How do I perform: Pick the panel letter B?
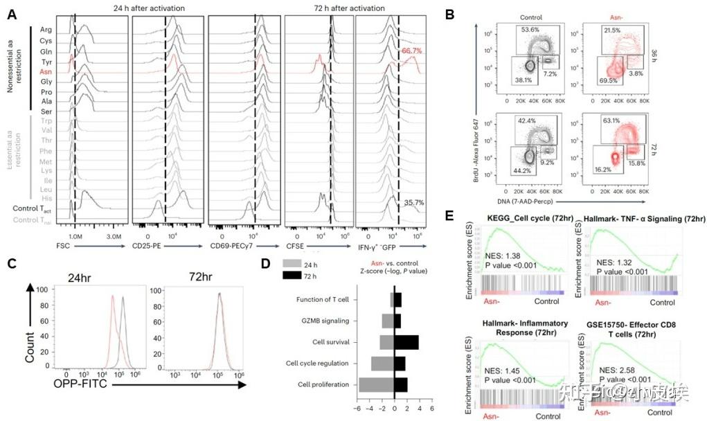click(450, 14)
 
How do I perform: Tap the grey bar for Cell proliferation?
click(376, 384)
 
